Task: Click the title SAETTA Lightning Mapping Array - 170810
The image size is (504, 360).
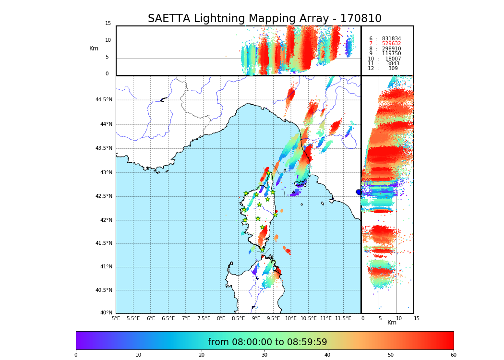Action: [x=264, y=19]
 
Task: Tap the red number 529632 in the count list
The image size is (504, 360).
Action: [x=391, y=44]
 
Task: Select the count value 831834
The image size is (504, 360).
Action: [x=391, y=39]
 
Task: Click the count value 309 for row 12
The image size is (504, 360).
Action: [x=393, y=69]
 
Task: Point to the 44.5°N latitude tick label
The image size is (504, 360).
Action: [x=104, y=100]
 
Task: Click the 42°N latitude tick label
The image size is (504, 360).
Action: [x=105, y=220]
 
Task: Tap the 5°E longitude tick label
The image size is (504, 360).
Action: [x=116, y=318]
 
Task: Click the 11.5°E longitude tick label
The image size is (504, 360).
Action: [x=343, y=318]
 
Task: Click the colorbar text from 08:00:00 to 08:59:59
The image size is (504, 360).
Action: [x=267, y=342]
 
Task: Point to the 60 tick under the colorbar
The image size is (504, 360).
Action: [x=453, y=355]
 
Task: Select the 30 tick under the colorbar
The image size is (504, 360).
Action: [x=264, y=355]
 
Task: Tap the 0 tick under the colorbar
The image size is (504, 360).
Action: [x=76, y=355]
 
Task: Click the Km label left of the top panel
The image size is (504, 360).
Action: [x=94, y=48]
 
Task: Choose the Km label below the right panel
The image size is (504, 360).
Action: [x=392, y=323]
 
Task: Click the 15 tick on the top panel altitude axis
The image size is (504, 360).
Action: [x=108, y=24]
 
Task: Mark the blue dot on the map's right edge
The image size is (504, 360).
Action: [x=359, y=192]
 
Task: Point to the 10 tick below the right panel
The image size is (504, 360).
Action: [x=399, y=318]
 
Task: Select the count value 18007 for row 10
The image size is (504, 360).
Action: [x=393, y=59]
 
